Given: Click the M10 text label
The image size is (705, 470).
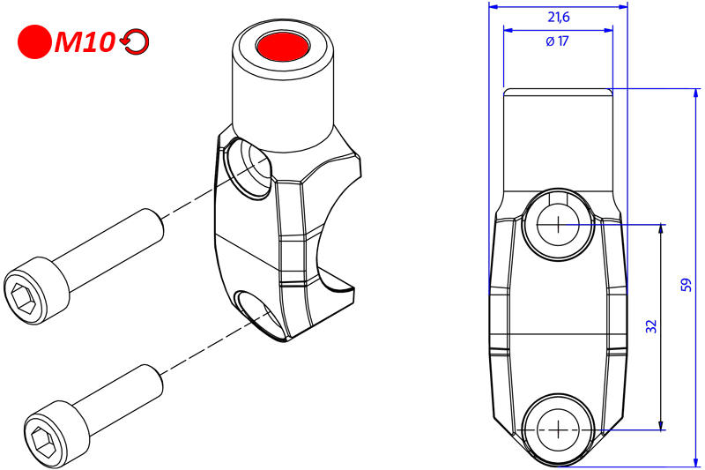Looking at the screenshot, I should pos(84,42).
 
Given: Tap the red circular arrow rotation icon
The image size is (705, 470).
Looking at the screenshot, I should pos(135,42).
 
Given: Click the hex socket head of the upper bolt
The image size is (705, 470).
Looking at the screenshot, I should pos(26,286).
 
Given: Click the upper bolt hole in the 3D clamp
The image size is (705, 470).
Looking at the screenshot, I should pos(249,168).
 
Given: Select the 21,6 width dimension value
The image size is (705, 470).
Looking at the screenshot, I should pos(557,17).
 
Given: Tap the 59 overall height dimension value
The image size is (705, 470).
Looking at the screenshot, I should pos(686,284).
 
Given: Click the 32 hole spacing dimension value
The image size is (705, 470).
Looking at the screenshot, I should pos(650,326).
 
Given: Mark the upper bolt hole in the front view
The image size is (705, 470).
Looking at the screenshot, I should pos(558,224).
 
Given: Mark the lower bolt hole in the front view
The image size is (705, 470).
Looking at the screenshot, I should pos(558,429).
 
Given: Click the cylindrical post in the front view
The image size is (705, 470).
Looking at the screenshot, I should pos(557,141).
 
